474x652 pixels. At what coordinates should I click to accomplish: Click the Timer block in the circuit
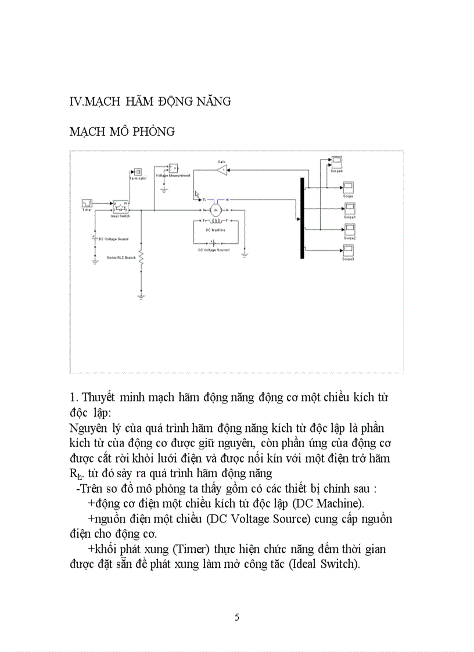87,203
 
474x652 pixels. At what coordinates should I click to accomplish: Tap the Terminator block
138,172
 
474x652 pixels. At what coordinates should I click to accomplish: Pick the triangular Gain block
221,170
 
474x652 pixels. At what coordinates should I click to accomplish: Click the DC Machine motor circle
216,210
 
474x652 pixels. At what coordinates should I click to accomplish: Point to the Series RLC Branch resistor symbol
141,258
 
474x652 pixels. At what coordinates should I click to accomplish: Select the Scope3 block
349,250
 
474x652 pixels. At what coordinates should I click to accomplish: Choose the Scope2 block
349,229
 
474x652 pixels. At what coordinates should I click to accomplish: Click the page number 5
236,617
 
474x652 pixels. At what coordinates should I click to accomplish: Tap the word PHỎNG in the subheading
153,132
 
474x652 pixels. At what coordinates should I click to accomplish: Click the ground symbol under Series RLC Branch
141,296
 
